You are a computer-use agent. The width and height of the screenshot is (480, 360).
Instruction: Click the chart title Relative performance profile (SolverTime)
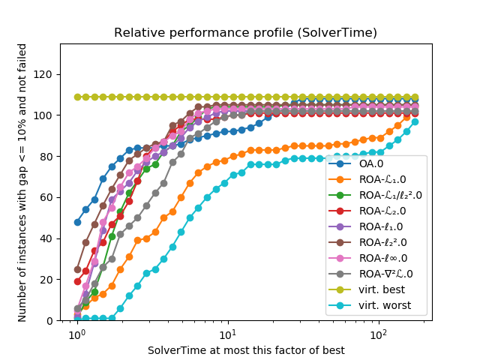[245, 33]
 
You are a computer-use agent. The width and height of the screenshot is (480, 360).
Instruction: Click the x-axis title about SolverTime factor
[245, 350]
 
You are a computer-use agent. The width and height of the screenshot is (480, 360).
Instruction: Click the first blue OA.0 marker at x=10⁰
[77, 222]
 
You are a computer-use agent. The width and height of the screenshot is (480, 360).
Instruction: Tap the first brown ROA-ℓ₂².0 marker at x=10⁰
[77, 269]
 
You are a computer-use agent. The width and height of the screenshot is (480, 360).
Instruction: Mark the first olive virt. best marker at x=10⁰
[77, 97]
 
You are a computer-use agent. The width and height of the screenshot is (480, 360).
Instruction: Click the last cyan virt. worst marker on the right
[415, 121]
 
